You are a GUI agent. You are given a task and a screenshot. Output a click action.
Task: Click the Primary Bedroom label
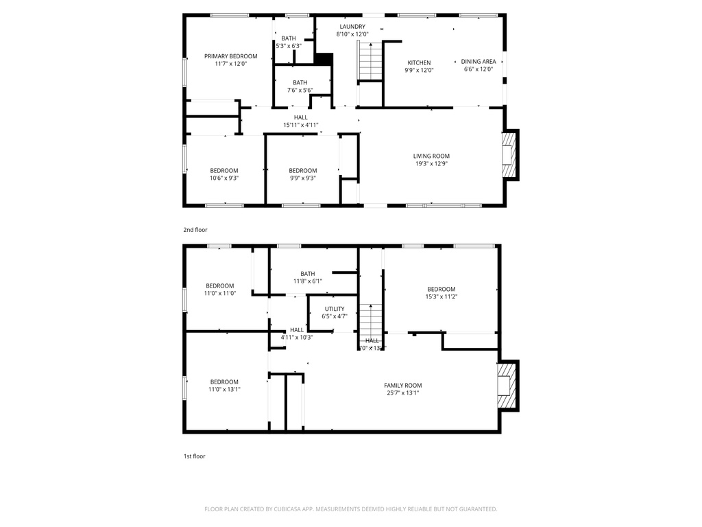point(230,56)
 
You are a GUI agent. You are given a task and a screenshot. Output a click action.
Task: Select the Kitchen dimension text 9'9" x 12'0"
point(419,70)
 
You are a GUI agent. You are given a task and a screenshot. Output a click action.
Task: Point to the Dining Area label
point(479,62)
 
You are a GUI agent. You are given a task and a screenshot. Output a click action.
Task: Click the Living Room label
point(431,156)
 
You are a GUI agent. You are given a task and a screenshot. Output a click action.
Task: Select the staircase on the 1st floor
point(371,320)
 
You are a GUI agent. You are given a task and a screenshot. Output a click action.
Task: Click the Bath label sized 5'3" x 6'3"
point(288,38)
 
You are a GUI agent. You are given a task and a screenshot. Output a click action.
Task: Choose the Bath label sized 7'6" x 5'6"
point(300,82)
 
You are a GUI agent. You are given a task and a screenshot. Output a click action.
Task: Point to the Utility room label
point(335,309)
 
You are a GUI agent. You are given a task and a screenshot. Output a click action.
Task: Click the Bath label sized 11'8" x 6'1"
point(307,274)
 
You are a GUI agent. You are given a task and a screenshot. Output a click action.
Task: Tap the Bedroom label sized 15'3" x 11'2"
point(441,289)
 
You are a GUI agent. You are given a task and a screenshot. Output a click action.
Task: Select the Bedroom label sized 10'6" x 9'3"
point(223,171)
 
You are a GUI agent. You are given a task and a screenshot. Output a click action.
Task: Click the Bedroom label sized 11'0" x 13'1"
point(223,382)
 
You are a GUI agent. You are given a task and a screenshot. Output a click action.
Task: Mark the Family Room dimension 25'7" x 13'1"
point(402,393)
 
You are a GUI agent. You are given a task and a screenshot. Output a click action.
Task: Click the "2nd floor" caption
point(195,230)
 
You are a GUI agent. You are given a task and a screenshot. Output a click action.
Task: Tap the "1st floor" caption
point(194,456)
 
